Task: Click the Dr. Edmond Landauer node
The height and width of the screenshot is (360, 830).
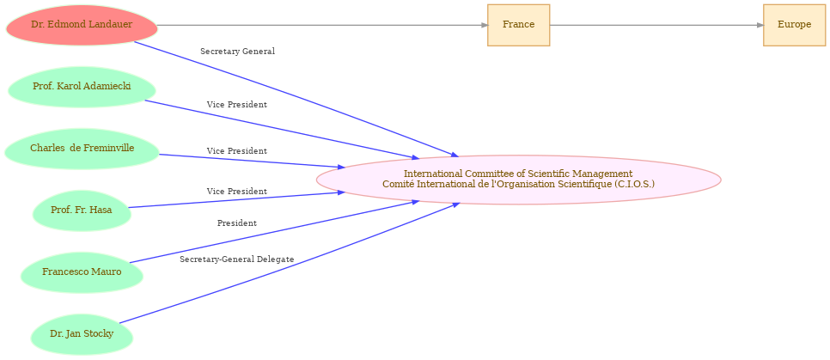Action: pyautogui.click(x=82, y=25)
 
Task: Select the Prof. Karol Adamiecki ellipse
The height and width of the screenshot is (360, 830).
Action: pyautogui.click(x=82, y=87)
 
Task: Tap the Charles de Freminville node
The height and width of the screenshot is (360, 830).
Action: pyautogui.click(x=82, y=149)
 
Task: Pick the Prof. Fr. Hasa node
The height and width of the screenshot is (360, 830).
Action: pyautogui.click(x=82, y=211)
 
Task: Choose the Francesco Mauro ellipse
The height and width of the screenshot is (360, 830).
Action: pyautogui.click(x=82, y=272)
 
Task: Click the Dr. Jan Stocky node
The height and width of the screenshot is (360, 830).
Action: pyautogui.click(x=82, y=334)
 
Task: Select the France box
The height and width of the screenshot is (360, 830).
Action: pyautogui.click(x=518, y=25)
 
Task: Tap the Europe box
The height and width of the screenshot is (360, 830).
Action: pyautogui.click(x=794, y=25)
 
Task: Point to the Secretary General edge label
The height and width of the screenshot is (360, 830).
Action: pyautogui.click(x=237, y=52)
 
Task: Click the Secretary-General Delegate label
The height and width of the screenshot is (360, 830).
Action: pyautogui.click(x=236, y=259)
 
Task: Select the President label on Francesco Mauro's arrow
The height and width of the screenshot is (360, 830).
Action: pyautogui.click(x=236, y=223)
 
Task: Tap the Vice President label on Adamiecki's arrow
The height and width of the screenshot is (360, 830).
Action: pyautogui.click(x=236, y=105)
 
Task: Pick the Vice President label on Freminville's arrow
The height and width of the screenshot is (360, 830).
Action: pyautogui.click(x=236, y=151)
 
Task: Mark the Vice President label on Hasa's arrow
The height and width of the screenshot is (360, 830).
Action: pyautogui.click(x=236, y=192)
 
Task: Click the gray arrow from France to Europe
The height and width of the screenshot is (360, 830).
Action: pyautogui.click(x=653, y=25)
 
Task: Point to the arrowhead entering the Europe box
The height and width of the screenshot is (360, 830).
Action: pyautogui.click(x=760, y=25)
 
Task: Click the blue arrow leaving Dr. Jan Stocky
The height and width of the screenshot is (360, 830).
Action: pyautogui.click(x=284, y=264)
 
